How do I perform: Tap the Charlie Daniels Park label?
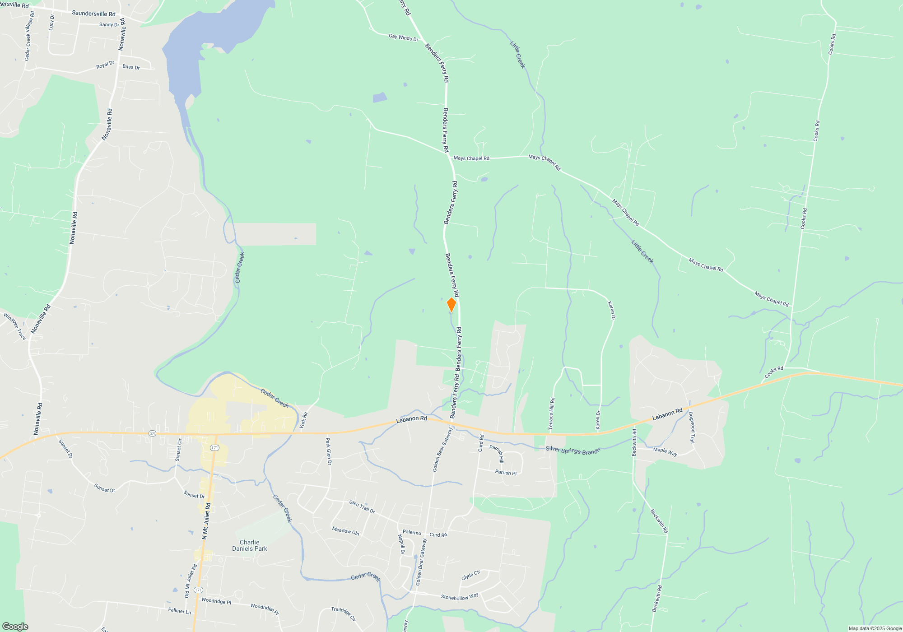click(250, 545)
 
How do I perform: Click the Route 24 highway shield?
click(153, 433)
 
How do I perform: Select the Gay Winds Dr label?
click(403, 37)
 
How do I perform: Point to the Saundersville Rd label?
click(93, 14)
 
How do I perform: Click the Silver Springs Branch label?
click(573, 450)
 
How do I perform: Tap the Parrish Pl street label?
click(506, 473)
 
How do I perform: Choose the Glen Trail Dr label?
click(362, 507)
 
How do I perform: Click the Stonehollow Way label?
click(460, 597)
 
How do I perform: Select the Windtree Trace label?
click(15, 326)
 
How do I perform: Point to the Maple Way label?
click(665, 451)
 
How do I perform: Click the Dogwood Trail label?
click(692, 427)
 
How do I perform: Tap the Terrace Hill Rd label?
click(551, 414)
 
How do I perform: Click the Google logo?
click(15, 627)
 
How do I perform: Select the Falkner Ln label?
click(179, 611)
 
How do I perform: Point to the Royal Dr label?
click(105, 65)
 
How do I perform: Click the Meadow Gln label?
click(345, 531)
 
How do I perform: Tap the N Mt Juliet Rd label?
click(206, 521)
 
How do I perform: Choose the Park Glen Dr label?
click(329, 451)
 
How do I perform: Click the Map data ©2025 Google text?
click(875, 628)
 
